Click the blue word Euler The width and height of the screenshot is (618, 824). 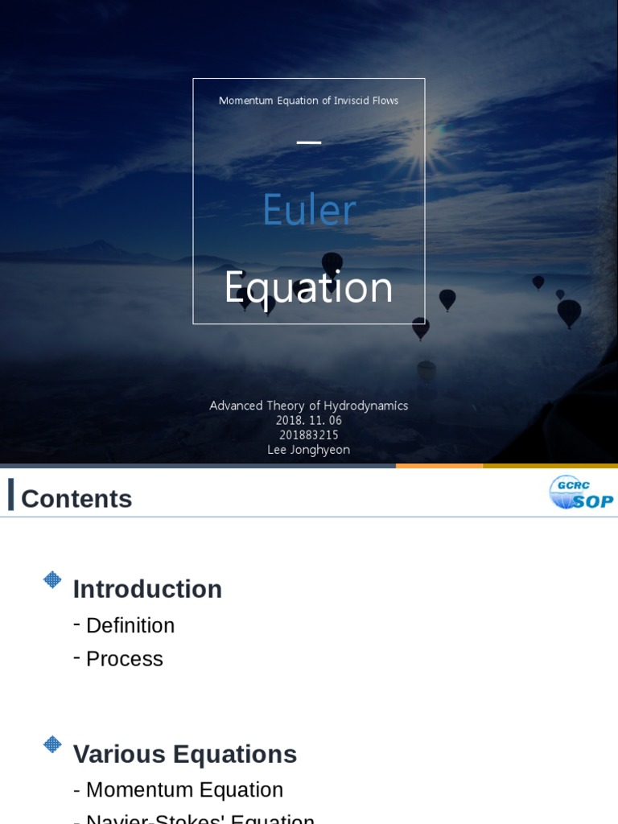pyautogui.click(x=309, y=211)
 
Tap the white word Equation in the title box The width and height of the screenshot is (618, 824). pyautogui.click(x=309, y=287)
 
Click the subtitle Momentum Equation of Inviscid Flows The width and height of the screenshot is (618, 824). pyautogui.click(x=309, y=101)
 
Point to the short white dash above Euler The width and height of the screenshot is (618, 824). pyautogui.click(x=309, y=142)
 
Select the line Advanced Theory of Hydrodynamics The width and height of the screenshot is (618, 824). pyautogui.click(x=309, y=406)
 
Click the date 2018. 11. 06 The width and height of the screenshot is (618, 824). pyautogui.click(x=309, y=420)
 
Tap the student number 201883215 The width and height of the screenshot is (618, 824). pyautogui.click(x=309, y=435)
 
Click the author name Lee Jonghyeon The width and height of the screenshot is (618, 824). pyautogui.click(x=309, y=450)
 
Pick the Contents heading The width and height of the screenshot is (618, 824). pyautogui.click(x=76, y=499)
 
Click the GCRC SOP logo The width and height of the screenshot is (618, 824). pyautogui.click(x=580, y=492)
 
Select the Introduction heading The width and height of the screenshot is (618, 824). pyautogui.click(x=147, y=589)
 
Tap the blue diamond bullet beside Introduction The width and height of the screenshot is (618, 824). pyautogui.click(x=52, y=579)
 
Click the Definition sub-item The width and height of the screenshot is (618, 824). pyautogui.click(x=130, y=625)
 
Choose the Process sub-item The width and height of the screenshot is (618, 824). pyautogui.click(x=125, y=659)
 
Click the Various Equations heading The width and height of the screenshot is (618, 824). pyautogui.click(x=185, y=754)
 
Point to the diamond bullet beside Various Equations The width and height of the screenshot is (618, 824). pyautogui.click(x=52, y=744)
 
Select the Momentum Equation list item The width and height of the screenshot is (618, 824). pyautogui.click(x=184, y=789)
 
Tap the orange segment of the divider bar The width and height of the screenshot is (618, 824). pyautogui.click(x=439, y=466)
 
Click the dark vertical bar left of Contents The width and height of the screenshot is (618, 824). pyautogui.click(x=11, y=494)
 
